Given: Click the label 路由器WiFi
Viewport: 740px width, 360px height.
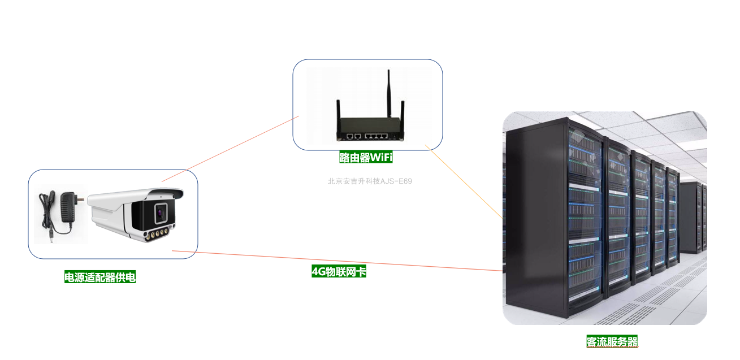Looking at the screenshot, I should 366,157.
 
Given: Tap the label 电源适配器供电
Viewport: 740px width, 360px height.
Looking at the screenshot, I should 99,277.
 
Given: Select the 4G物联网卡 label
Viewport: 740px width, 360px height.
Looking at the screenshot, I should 339,271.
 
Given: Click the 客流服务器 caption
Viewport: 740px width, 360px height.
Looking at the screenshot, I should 612,341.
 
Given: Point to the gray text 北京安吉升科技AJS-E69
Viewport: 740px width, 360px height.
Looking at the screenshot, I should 370,181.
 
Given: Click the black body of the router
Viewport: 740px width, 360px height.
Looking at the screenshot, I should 370,125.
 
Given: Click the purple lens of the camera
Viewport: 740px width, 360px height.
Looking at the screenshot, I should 161,212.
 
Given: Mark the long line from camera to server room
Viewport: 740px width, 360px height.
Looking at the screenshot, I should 339,261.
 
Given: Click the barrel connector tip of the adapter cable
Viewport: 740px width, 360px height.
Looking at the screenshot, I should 49,232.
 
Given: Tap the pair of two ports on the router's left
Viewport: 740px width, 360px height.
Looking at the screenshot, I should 354,136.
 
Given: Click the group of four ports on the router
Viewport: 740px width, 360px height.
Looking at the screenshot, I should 377,136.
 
